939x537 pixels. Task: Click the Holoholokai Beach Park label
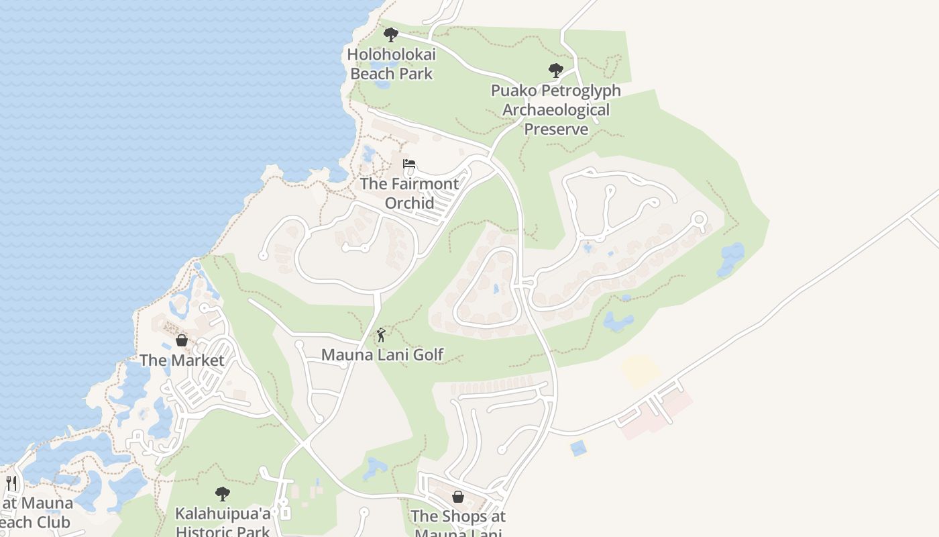tap(392, 64)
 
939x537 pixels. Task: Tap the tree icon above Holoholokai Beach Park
tap(390, 35)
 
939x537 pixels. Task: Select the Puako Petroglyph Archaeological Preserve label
tap(556, 109)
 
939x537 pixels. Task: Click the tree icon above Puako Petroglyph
tap(555, 70)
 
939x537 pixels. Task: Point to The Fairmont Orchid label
tap(409, 193)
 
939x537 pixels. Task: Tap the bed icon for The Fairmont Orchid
tap(409, 164)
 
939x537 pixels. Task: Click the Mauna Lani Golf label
tap(382, 354)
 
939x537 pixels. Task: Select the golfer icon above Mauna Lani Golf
tap(382, 334)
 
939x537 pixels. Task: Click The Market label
tap(182, 360)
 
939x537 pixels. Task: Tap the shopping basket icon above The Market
tap(181, 340)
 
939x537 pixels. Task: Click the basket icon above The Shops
tap(458, 497)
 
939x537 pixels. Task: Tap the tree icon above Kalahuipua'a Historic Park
tap(223, 494)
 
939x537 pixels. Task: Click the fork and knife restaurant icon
tap(11, 483)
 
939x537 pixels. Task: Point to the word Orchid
tap(409, 202)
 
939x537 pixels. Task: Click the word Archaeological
tap(556, 109)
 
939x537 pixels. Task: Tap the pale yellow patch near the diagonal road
tap(640, 370)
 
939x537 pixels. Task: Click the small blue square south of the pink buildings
tap(578, 448)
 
